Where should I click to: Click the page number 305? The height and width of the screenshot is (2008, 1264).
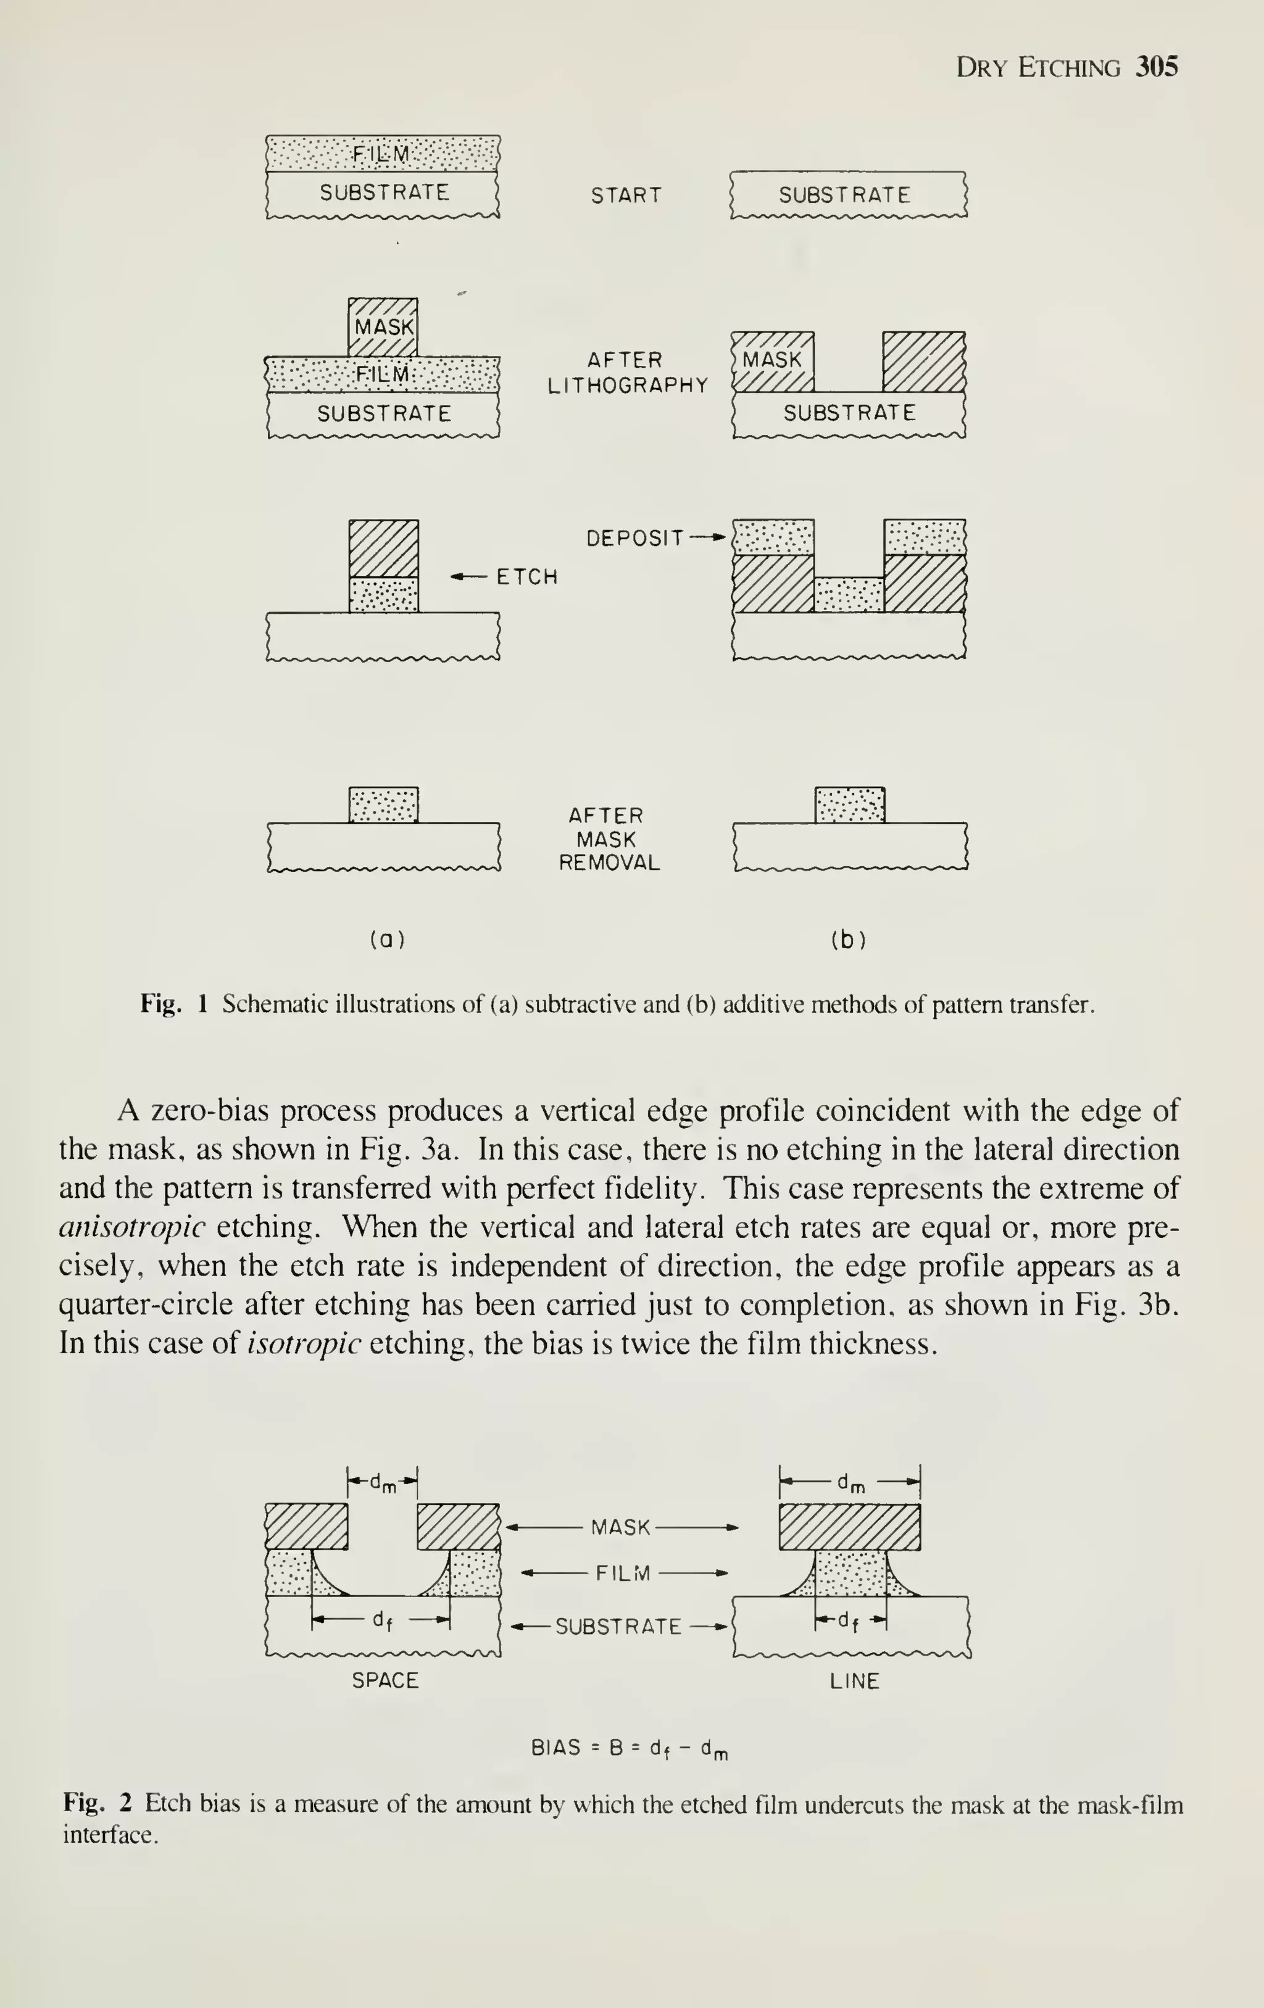point(1157,67)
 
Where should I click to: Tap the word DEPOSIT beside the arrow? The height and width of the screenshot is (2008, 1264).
point(635,539)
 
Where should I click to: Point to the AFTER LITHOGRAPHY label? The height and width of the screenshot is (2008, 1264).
point(626,373)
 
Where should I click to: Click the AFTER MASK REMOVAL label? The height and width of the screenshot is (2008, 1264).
point(609,839)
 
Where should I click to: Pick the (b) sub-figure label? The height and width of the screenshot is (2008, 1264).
point(848,940)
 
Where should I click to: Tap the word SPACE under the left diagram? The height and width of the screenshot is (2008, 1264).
point(385,1680)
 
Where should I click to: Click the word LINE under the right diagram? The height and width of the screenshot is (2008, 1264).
point(855,1681)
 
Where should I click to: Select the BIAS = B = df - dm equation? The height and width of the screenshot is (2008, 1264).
point(630,1748)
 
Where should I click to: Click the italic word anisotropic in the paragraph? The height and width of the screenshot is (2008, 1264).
point(131,1227)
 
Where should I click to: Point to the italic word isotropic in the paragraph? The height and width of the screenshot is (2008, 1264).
point(304,1343)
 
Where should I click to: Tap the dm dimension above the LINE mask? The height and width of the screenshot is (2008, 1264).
point(850,1482)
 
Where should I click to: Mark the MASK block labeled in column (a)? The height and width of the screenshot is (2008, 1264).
point(383,326)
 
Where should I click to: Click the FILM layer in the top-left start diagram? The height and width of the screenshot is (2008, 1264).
point(383,154)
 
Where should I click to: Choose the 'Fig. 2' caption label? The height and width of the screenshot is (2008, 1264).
point(98,1803)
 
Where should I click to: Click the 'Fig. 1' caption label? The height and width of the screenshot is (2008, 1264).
point(173,1003)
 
